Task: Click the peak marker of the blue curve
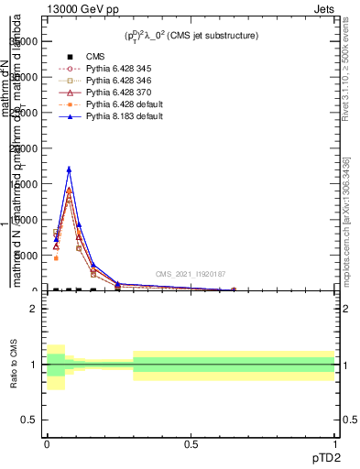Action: (69, 169)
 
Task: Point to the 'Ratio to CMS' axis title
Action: (13, 365)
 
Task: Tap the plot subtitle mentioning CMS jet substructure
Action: (191, 36)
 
